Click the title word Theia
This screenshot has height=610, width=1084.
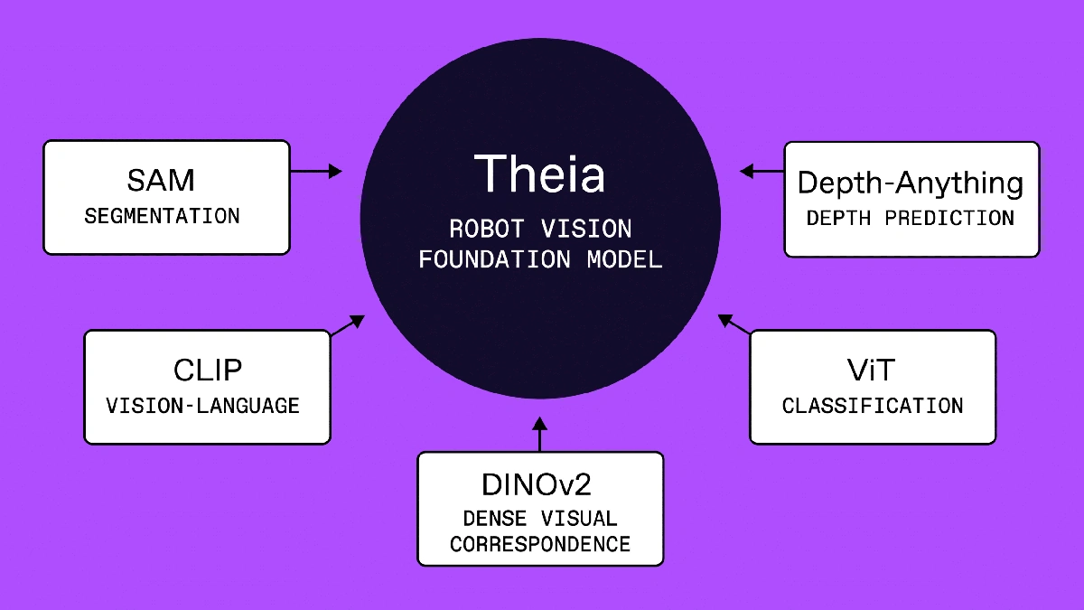(539, 174)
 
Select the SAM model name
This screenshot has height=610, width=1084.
(161, 180)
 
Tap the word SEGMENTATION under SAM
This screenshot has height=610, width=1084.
(163, 217)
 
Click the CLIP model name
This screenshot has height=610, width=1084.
(207, 371)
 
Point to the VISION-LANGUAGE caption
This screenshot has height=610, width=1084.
(203, 406)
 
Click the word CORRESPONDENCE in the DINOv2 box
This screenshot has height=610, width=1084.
(540, 545)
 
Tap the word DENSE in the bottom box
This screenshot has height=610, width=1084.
(492, 519)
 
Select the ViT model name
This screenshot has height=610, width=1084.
(872, 371)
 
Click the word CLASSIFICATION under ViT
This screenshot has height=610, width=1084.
(873, 406)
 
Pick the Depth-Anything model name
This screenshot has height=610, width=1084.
(911, 183)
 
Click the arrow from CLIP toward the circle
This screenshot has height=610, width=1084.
(348, 325)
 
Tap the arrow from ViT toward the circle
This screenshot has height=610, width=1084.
(734, 325)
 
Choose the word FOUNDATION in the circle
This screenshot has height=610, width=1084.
(494, 259)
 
